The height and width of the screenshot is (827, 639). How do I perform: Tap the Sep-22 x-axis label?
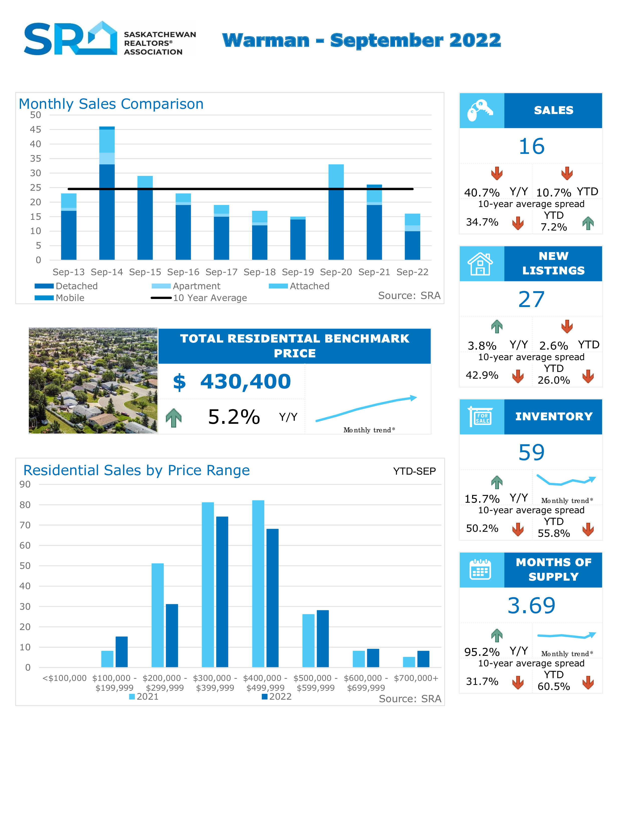(412, 272)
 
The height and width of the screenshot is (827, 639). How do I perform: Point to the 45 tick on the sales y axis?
(36, 130)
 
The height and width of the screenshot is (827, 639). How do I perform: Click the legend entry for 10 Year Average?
(210, 298)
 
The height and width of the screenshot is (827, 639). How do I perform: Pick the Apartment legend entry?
(196, 286)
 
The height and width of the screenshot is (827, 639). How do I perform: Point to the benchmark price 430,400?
(245, 382)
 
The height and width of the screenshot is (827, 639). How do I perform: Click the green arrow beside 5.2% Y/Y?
(174, 418)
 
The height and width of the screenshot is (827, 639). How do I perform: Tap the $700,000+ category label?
(416, 678)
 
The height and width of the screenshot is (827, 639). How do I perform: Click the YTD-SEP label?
(414, 471)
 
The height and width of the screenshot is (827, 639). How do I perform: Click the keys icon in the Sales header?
(481, 111)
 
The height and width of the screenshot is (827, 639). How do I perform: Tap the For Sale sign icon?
(481, 417)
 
